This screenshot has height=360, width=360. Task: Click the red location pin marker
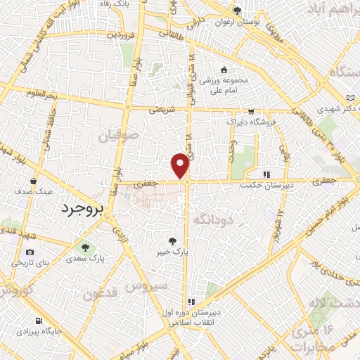point(181,165)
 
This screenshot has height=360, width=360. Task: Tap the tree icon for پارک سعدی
point(85,247)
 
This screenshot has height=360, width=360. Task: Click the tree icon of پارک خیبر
point(184,240)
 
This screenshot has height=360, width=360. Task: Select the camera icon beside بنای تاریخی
point(30,252)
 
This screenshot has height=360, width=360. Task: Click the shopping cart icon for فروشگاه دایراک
point(251,111)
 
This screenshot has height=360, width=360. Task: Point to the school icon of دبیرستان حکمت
point(266,174)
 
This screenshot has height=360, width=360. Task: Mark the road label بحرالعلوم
point(40,94)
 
